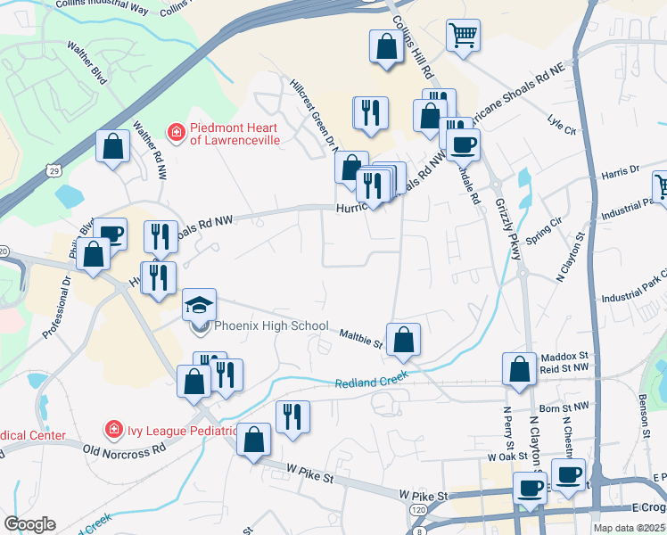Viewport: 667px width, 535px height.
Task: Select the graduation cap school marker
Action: (x=200, y=304)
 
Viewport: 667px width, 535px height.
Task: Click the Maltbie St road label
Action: (x=360, y=338)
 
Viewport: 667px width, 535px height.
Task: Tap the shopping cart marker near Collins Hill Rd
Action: (x=464, y=37)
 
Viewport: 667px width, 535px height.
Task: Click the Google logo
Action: (x=29, y=523)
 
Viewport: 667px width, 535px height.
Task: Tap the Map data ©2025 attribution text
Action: (x=629, y=528)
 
